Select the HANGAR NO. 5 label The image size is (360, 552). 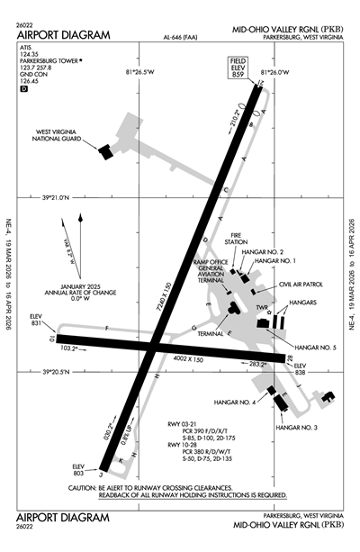316,347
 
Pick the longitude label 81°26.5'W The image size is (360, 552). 140,73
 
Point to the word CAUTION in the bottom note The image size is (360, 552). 84,487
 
